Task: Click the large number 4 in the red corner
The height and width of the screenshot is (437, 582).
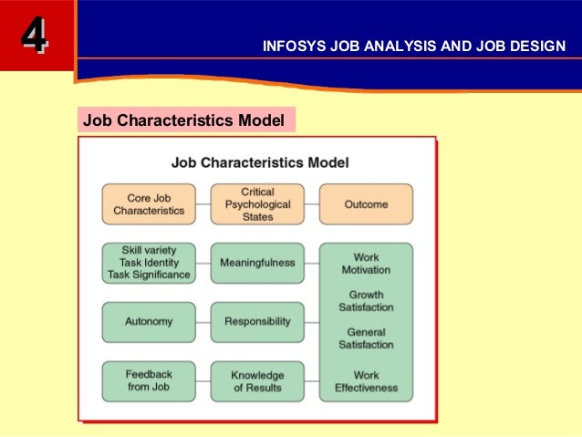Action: point(35,36)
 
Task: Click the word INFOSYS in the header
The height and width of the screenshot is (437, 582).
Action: point(291,46)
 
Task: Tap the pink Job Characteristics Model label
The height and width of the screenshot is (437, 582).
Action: point(184,120)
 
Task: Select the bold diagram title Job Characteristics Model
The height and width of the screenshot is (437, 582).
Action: point(260,162)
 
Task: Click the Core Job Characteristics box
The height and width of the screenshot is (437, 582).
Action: point(149,204)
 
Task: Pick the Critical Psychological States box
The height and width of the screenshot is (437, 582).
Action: point(257,204)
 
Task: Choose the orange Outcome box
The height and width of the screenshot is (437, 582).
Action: point(366,204)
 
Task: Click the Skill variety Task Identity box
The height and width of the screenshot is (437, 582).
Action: point(149,263)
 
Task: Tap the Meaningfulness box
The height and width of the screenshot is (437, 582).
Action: point(257,263)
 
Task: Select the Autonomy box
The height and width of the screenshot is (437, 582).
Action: point(149,322)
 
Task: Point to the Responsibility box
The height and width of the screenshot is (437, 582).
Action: point(257,322)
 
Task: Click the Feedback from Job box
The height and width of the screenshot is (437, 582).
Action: point(149,381)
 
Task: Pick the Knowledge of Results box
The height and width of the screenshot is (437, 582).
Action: point(257,381)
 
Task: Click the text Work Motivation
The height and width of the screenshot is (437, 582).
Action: point(366,264)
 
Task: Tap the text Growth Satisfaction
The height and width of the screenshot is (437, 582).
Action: point(366,301)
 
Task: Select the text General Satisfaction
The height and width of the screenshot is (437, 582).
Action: point(366,338)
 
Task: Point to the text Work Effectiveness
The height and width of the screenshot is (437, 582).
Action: point(366,381)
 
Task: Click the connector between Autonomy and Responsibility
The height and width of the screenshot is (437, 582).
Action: point(203,322)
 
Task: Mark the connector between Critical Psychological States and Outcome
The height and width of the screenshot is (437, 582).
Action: point(311,204)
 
